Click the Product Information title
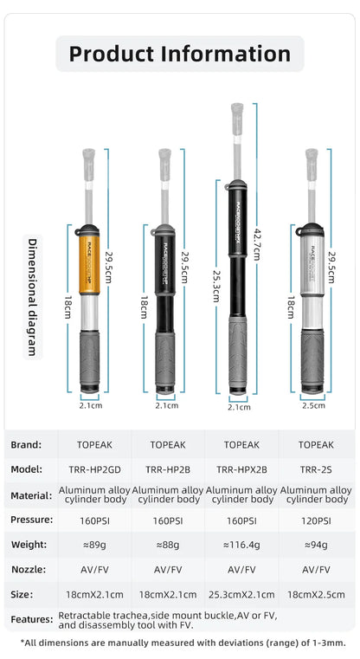[x=180, y=54]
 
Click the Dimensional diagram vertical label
[x=32, y=297]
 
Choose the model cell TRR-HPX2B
[x=241, y=468]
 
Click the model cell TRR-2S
[x=315, y=468]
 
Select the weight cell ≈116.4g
[x=241, y=545]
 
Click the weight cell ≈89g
[x=94, y=545]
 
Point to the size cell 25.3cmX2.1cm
[x=241, y=595]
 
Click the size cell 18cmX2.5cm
[x=315, y=595]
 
